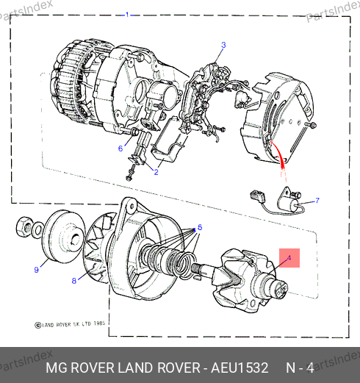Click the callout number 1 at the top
point(127,15)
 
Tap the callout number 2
point(156,172)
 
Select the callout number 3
point(223,45)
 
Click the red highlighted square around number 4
point(289,258)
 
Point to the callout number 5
point(200,227)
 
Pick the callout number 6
point(120,148)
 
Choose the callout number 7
point(317,201)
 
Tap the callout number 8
point(74,281)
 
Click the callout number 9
point(36,270)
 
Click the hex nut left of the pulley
point(24,226)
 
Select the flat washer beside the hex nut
point(37,230)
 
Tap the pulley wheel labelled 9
point(63,236)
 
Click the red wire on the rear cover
point(278,153)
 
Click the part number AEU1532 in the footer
point(240,368)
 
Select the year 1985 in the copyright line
point(99,323)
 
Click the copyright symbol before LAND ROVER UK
point(38,326)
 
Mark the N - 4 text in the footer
point(300,368)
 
